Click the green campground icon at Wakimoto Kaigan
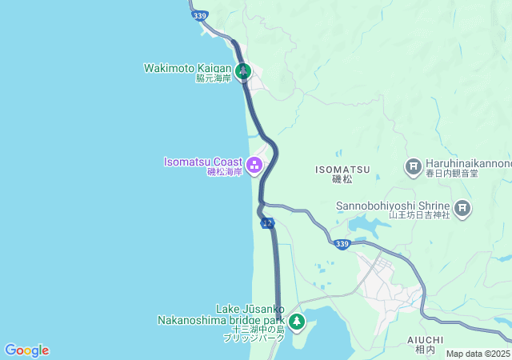[243, 70]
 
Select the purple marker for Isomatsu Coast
[254, 166]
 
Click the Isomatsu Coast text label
[203, 162]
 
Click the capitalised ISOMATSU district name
[342, 169]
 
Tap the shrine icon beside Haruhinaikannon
[413, 166]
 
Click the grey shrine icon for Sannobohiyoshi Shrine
[462, 210]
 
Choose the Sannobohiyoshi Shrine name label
[395, 204]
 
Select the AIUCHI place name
[425, 340]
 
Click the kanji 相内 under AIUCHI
[425, 350]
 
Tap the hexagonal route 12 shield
[267, 222]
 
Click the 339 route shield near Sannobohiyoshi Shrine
[342, 244]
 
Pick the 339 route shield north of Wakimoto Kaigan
[199, 15]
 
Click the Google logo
[26, 350]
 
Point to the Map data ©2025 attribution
[478, 354]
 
